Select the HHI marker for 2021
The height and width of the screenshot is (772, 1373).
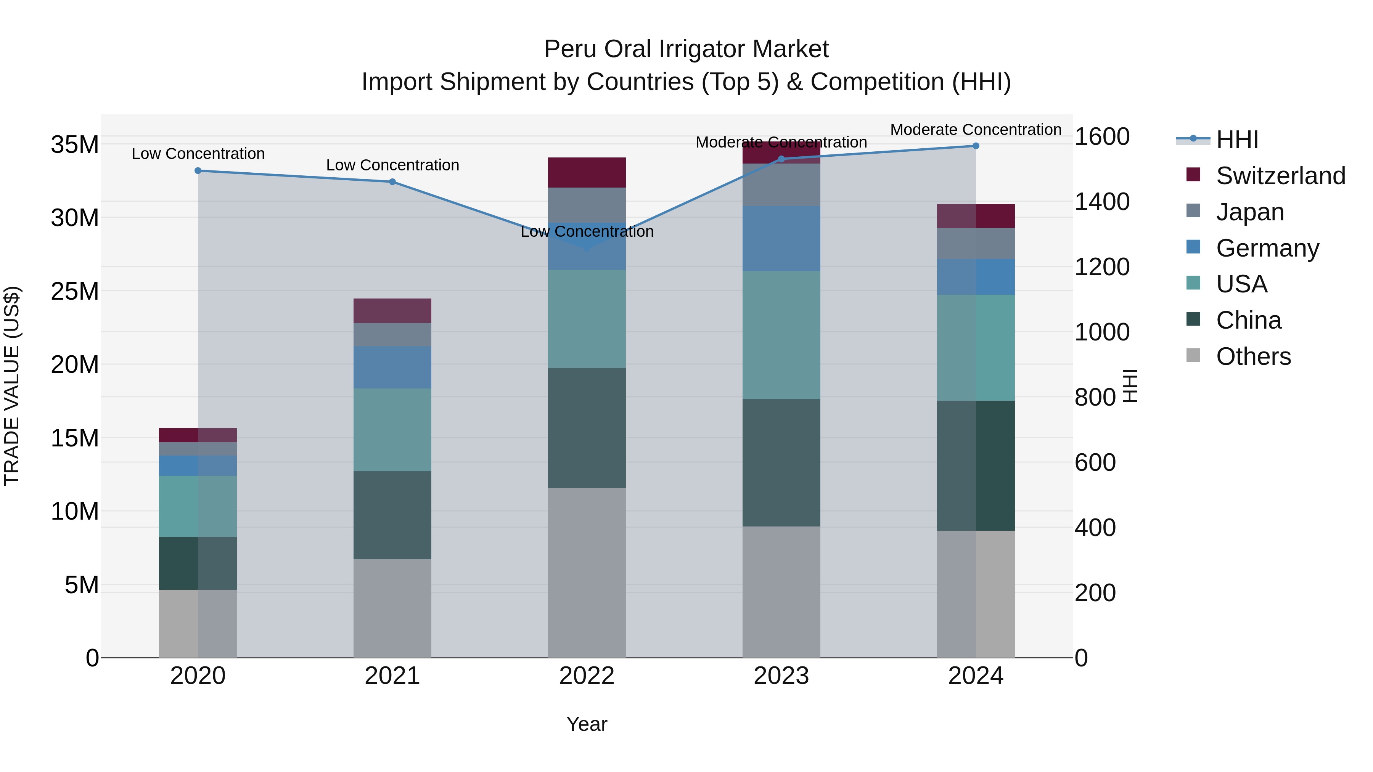tap(392, 182)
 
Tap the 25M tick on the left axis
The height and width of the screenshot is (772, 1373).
tap(75, 291)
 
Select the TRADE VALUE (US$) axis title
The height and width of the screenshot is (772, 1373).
tap(12, 386)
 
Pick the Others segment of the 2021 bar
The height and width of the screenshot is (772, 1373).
tap(392, 608)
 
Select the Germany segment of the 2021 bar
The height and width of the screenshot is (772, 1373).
tap(392, 368)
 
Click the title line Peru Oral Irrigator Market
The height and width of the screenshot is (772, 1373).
tap(686, 50)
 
